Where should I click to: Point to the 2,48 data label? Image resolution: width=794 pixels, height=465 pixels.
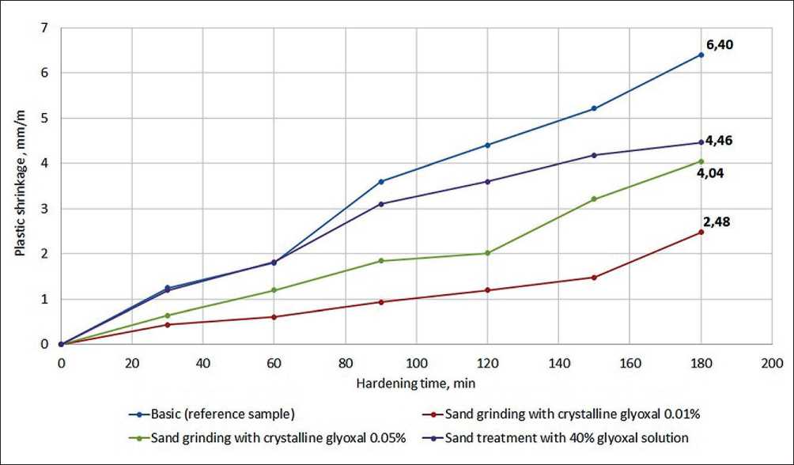coord(716,221)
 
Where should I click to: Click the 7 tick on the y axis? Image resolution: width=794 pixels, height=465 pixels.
coord(45,28)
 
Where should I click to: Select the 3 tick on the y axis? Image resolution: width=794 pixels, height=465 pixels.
coord(45,209)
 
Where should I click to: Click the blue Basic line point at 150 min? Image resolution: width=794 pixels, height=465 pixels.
coord(594,108)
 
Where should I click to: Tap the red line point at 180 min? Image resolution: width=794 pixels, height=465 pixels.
coord(701,232)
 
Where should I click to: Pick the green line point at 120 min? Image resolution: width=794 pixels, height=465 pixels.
coord(487,253)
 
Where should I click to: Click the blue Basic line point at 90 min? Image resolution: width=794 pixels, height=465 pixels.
coord(381,182)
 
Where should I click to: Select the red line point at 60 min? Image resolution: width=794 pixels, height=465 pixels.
coord(274,317)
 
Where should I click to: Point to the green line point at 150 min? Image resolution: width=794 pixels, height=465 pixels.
coord(594,198)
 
